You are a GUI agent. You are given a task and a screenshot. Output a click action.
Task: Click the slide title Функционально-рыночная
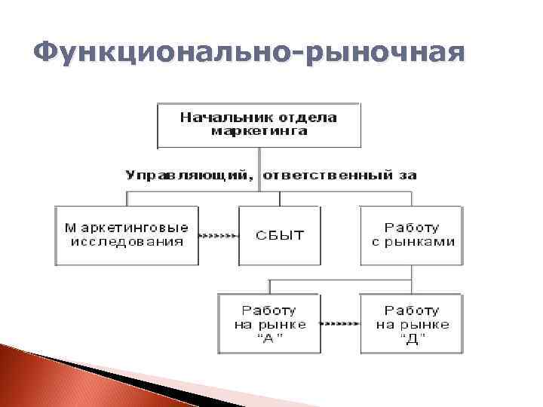tap(249, 54)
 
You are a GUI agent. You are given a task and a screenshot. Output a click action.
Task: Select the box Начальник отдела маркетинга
tap(259, 124)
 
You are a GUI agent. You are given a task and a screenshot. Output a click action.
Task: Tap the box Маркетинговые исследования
tap(127, 234)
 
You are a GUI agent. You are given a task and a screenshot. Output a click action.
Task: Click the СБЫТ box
tap(279, 234)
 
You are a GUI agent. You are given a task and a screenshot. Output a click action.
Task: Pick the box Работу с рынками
tap(412, 234)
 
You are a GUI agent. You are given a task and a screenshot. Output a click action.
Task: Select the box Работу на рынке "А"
tap(268, 324)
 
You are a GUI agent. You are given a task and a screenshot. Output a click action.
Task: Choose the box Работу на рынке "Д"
tap(412, 324)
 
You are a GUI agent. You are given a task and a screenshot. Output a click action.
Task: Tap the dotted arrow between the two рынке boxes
tap(339, 324)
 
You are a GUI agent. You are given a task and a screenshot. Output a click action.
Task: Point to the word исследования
tap(127, 242)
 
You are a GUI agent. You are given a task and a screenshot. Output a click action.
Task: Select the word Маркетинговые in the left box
tap(127, 227)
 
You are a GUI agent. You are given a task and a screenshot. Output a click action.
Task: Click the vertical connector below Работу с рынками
tap(412, 272)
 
